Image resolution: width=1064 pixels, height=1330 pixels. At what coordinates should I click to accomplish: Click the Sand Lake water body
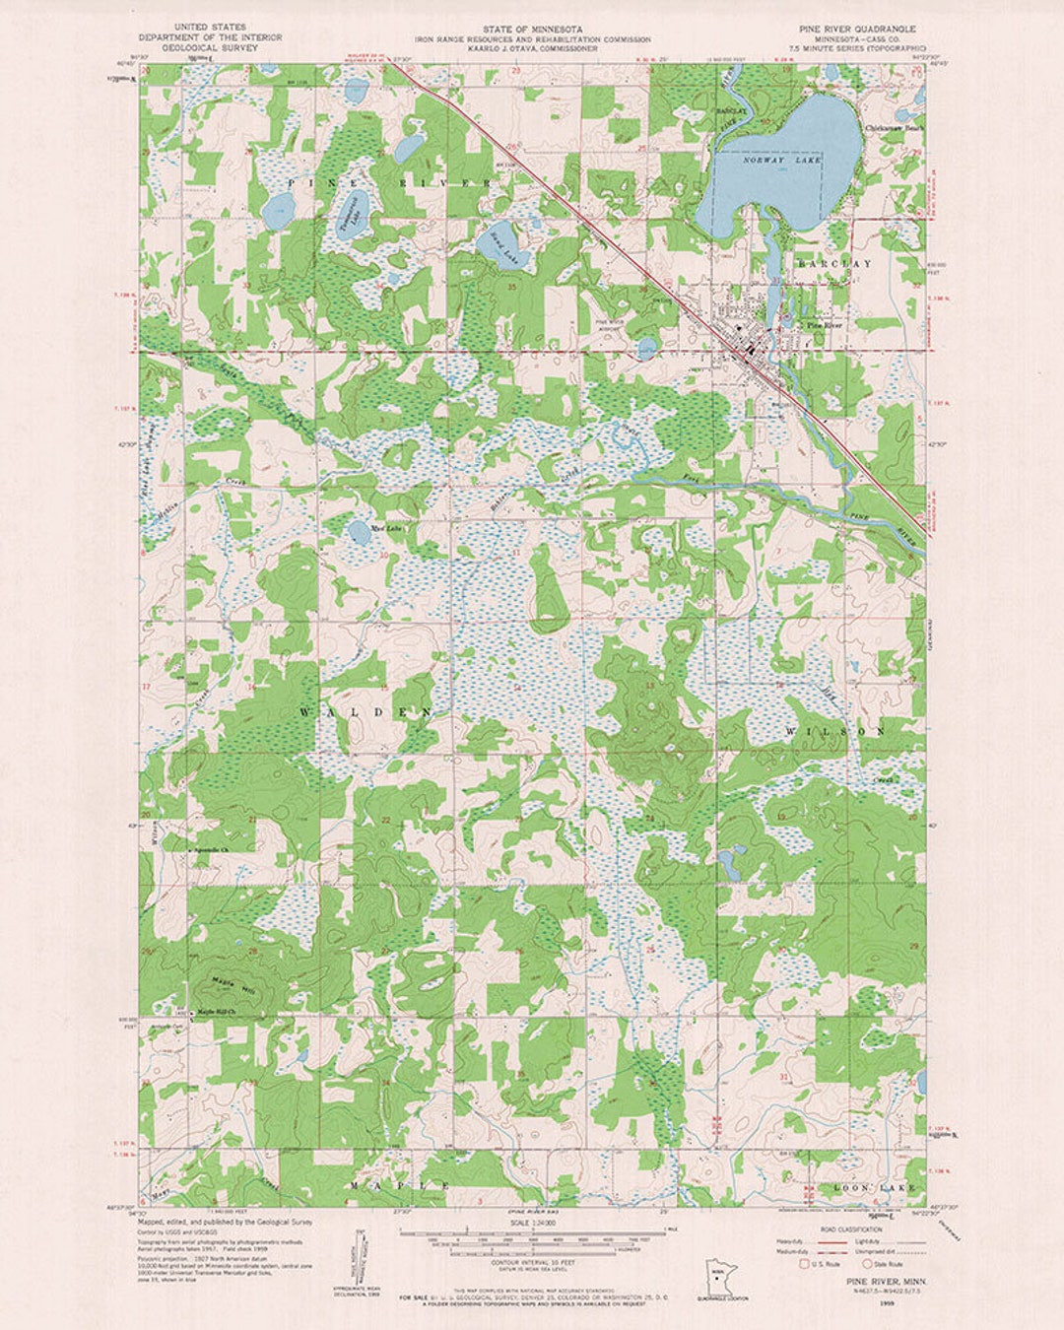point(502,246)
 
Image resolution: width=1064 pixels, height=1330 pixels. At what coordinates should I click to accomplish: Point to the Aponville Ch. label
point(210,848)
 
